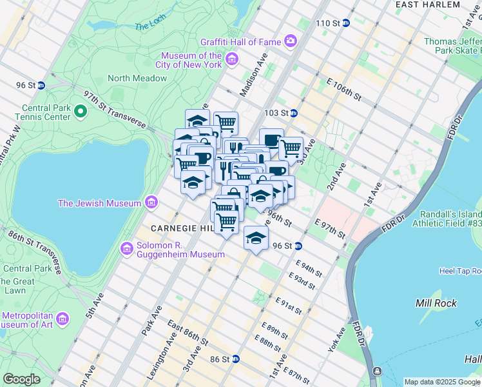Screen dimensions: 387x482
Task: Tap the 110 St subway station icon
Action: [345, 23]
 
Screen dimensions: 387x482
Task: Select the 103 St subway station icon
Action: [294, 113]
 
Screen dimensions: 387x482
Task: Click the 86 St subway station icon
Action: [236, 359]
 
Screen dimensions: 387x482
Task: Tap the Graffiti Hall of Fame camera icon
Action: [291, 42]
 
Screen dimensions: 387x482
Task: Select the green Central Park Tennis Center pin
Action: [81, 112]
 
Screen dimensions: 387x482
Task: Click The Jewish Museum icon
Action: [151, 203]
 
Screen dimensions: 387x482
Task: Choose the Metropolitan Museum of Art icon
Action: [63, 319]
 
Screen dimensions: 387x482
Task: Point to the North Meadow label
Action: [137, 78]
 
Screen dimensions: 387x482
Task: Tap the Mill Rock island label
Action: [436, 303]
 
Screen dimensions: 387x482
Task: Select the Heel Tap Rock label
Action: [460, 271]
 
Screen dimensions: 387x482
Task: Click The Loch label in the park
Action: [150, 26]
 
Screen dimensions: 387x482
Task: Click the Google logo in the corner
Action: [21, 379]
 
